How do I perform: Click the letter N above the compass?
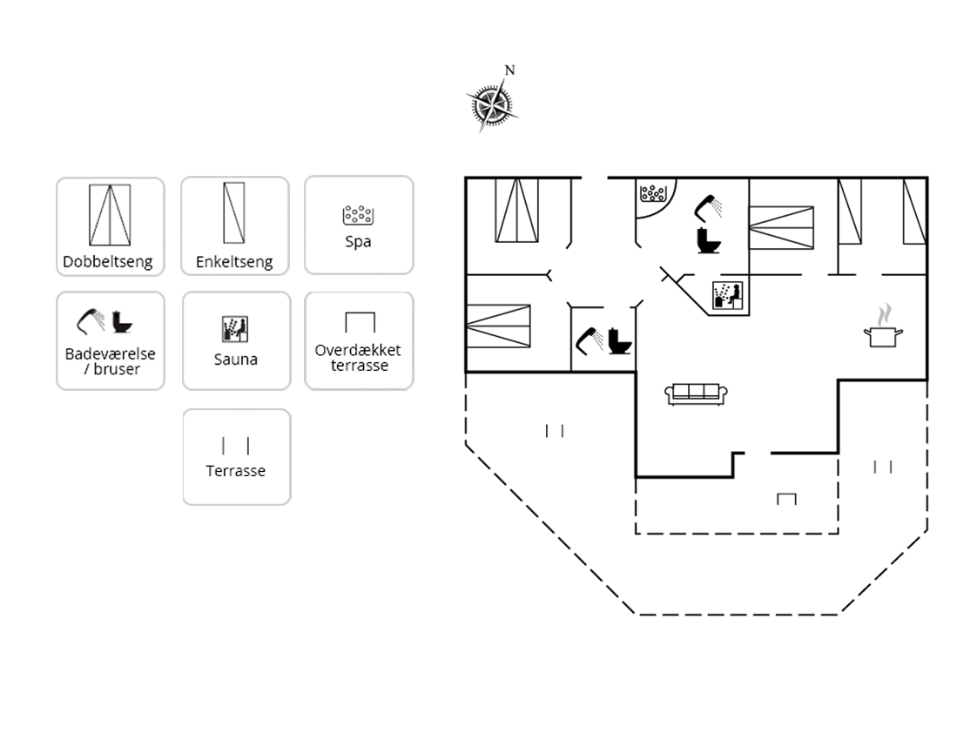509,71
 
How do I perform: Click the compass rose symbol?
492,104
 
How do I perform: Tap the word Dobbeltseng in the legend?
108,261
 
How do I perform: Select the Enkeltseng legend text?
234,261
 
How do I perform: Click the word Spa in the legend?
358,242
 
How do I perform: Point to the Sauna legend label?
235,360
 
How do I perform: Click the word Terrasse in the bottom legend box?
235,471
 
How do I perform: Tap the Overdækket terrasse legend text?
358,358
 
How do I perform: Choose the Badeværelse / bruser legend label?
111,361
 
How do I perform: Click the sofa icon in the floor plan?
696,393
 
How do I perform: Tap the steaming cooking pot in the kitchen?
883,326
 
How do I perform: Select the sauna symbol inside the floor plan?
728,295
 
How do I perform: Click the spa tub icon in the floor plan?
653,192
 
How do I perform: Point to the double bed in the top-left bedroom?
516,210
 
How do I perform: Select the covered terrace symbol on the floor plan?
786,499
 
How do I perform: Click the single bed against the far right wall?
914,212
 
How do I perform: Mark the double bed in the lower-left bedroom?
498,326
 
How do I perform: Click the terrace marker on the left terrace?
555,430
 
